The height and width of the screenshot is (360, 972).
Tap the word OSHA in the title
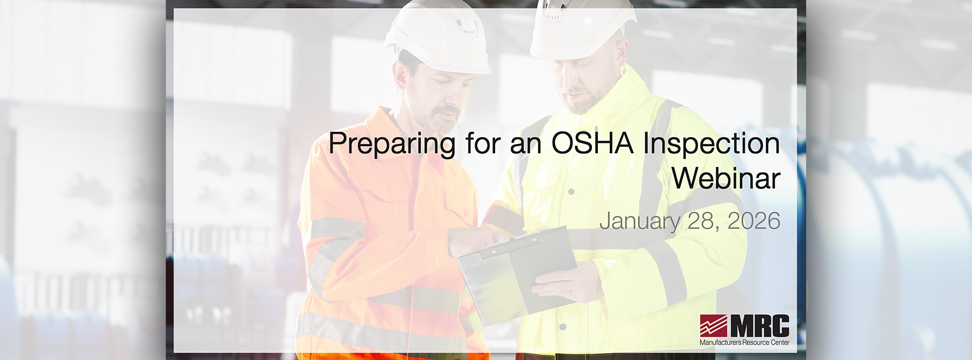click(592, 144)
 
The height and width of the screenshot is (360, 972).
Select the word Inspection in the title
click(711, 145)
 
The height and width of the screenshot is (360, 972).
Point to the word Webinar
click(726, 178)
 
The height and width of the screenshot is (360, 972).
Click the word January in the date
click(639, 221)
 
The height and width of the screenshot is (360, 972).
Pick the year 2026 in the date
click(754, 221)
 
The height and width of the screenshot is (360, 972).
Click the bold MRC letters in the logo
click(760, 326)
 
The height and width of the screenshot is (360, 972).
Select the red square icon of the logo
click(713, 325)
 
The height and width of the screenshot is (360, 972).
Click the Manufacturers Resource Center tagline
click(744, 342)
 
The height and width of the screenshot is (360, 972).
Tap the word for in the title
click(483, 144)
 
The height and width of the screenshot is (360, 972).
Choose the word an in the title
click(525, 145)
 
